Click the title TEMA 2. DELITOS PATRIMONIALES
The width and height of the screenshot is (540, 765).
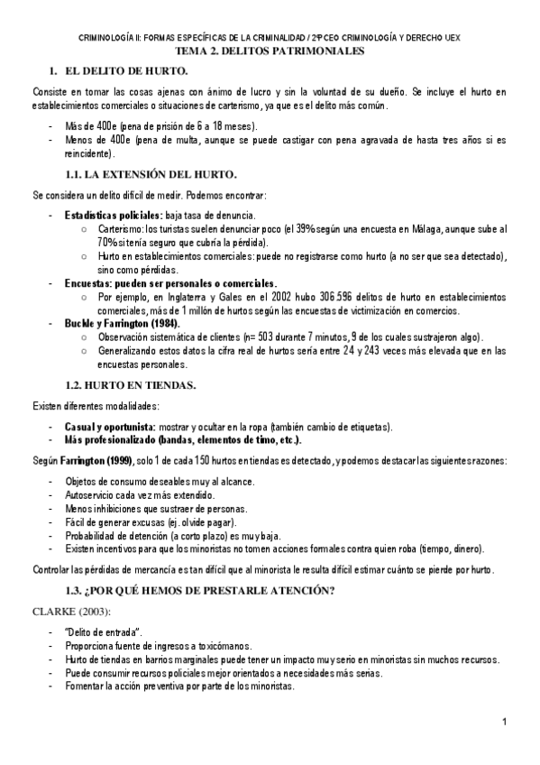point(270,52)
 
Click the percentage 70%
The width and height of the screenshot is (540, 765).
point(110,243)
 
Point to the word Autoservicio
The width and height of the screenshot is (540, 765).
point(94,495)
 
